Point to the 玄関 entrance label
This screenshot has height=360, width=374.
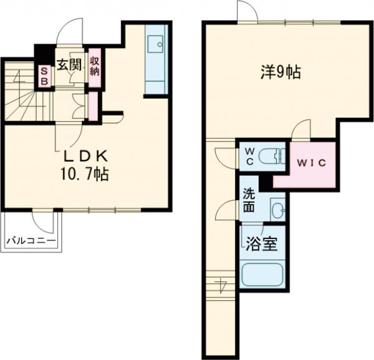pyautogui.click(x=69, y=64)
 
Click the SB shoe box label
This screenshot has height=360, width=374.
pyautogui.click(x=44, y=76)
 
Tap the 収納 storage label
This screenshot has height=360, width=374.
pyautogui.click(x=95, y=67)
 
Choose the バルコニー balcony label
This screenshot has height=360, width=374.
pyautogui.click(x=31, y=240)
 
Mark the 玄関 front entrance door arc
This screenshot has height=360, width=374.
pyautogui.click(x=70, y=31)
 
